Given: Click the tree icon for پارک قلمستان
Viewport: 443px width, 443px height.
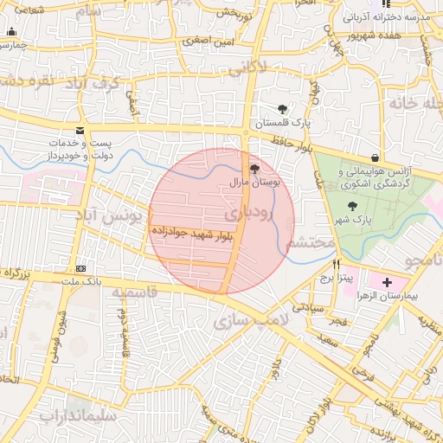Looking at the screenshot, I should point(283,109).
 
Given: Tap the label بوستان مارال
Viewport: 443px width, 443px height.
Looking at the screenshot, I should point(253,184).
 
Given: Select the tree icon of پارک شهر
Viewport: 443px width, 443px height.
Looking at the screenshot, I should point(351,206).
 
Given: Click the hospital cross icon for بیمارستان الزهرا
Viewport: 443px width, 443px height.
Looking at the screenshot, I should point(386,282).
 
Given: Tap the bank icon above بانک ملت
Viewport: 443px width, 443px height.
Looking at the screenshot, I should point(80,268).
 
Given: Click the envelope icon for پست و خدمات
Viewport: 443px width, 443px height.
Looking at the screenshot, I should point(80,131).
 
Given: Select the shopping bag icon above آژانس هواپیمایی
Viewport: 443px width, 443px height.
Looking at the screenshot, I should point(374,157).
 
